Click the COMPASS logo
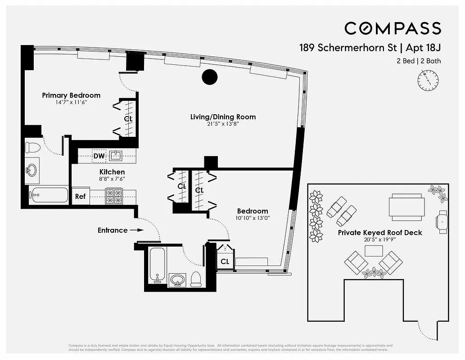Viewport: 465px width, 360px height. pyautogui.click(x=393, y=28)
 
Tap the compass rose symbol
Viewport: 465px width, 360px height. pyautogui.click(x=428, y=81)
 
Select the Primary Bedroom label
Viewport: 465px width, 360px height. pyautogui.click(x=71, y=95)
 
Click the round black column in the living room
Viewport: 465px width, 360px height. pyautogui.click(x=209, y=77)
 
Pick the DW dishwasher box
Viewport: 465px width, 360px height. pyautogui.click(x=99, y=156)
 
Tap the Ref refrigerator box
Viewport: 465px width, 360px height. pyautogui.click(x=80, y=196)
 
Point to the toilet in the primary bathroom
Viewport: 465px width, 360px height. pyautogui.click(x=33, y=147)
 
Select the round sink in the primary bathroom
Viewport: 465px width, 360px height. pyautogui.click(x=32, y=170)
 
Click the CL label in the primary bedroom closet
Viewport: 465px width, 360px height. pyautogui.click(x=128, y=119)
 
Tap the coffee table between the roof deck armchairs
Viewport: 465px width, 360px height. pyautogui.click(x=373, y=251)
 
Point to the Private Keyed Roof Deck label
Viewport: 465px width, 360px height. pyautogui.click(x=380, y=233)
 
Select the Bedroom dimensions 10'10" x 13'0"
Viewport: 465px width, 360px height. pyautogui.click(x=253, y=219)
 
